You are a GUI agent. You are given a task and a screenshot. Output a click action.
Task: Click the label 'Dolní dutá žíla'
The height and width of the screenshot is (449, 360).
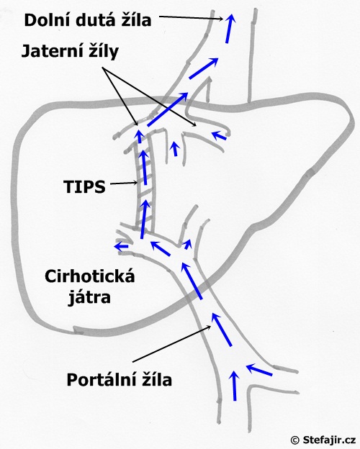[88, 20]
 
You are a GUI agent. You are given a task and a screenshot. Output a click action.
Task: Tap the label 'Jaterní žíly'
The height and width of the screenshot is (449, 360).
[70, 52]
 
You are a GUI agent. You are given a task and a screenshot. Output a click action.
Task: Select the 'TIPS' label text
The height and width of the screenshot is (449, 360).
[84, 186]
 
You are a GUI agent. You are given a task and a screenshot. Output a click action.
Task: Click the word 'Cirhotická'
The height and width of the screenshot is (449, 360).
[90, 276]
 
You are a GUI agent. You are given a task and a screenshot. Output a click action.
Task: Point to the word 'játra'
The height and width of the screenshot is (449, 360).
[89, 297]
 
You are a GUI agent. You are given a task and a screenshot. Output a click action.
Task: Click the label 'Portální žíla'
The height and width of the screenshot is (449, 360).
[120, 380]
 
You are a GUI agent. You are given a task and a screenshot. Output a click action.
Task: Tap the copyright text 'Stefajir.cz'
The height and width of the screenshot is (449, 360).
[329, 440]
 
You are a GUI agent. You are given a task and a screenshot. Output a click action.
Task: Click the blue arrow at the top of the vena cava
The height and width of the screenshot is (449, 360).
[229, 28]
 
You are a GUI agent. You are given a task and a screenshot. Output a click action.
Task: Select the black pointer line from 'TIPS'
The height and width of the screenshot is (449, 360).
[124, 183]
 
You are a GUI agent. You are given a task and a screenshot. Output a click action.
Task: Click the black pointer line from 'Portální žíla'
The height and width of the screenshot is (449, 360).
[172, 344]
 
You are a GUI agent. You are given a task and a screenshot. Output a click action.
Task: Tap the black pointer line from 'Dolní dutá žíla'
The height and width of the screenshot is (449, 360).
[191, 18]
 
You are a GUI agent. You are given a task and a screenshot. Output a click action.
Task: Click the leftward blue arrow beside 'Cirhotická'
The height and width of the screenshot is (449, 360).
[121, 246]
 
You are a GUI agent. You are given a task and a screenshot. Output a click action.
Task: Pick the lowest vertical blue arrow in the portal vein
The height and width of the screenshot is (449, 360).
[235, 385]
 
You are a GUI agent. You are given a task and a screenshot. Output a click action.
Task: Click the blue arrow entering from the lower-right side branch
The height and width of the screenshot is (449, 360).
[259, 369]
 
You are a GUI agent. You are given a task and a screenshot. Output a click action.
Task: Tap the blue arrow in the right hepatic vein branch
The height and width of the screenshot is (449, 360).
[219, 135]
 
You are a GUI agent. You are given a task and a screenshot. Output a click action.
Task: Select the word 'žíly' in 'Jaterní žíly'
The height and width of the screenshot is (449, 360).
[103, 52]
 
